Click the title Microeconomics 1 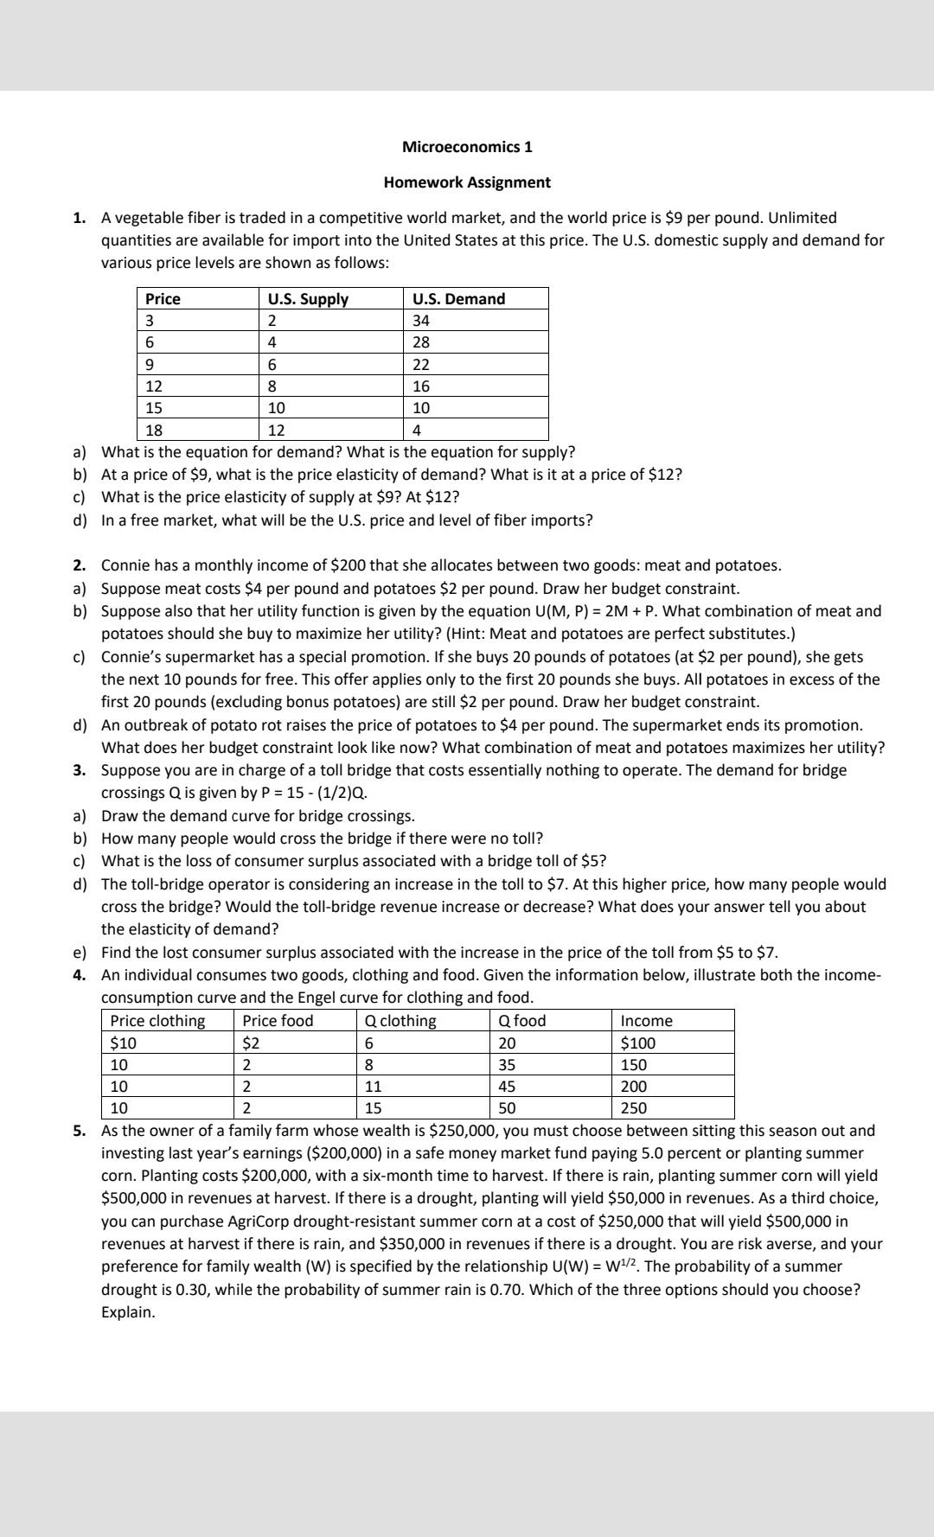(467, 146)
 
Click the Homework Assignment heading (467, 182)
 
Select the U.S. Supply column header (308, 299)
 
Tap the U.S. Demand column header (458, 299)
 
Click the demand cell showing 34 (421, 321)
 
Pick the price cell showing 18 (154, 430)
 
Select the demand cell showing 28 (421, 342)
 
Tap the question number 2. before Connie (80, 565)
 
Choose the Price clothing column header (157, 1021)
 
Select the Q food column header (522, 1021)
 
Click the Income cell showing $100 (638, 1043)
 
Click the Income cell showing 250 (634, 1108)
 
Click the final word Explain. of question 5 (129, 1311)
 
